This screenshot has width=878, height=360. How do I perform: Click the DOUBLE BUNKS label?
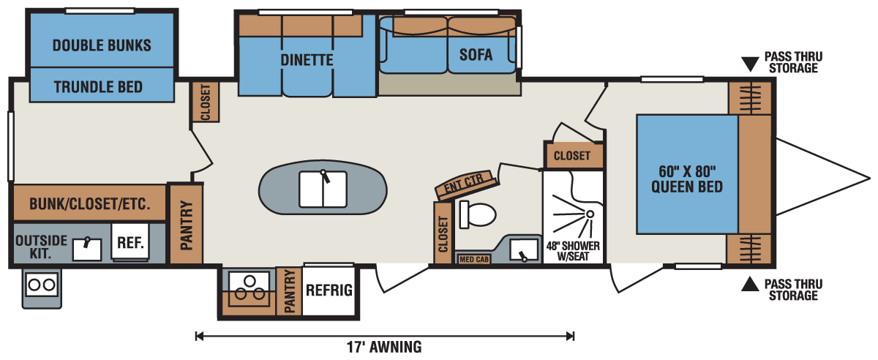pyautogui.click(x=102, y=45)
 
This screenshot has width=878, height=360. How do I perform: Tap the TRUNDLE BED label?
pyautogui.click(x=98, y=87)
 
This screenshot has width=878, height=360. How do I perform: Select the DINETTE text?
pyautogui.click(x=307, y=60)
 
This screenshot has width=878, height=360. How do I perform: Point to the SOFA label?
pyautogui.click(x=476, y=54)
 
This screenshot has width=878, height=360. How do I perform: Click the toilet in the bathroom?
pyautogui.click(x=477, y=214)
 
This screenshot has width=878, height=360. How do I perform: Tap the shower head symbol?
pyautogui.click(x=590, y=214)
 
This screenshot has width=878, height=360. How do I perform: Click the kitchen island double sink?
pyautogui.click(x=323, y=189)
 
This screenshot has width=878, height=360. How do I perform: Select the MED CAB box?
pyautogui.click(x=474, y=259)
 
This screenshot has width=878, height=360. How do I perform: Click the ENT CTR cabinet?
pyautogui.click(x=465, y=184)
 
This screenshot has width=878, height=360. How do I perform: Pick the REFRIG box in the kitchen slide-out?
pyautogui.click(x=329, y=290)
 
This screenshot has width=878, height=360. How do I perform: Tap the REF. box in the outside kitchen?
pyautogui.click(x=130, y=242)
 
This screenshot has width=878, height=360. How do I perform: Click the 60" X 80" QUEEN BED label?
pyautogui.click(x=687, y=179)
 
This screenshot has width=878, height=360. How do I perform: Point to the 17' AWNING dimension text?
pyautogui.click(x=384, y=347)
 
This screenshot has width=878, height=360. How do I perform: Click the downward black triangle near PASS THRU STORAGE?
pyautogui.click(x=750, y=64)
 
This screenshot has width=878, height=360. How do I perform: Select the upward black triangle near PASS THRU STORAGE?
pyautogui.click(x=750, y=284)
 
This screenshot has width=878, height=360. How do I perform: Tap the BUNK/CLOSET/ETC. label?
pyautogui.click(x=90, y=204)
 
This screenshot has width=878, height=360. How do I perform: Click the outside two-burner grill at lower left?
pyautogui.click(x=42, y=288)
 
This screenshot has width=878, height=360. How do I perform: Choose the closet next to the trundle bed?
pyautogui.click(x=205, y=102)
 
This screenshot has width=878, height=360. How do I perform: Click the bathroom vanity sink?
pyautogui.click(x=524, y=250)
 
